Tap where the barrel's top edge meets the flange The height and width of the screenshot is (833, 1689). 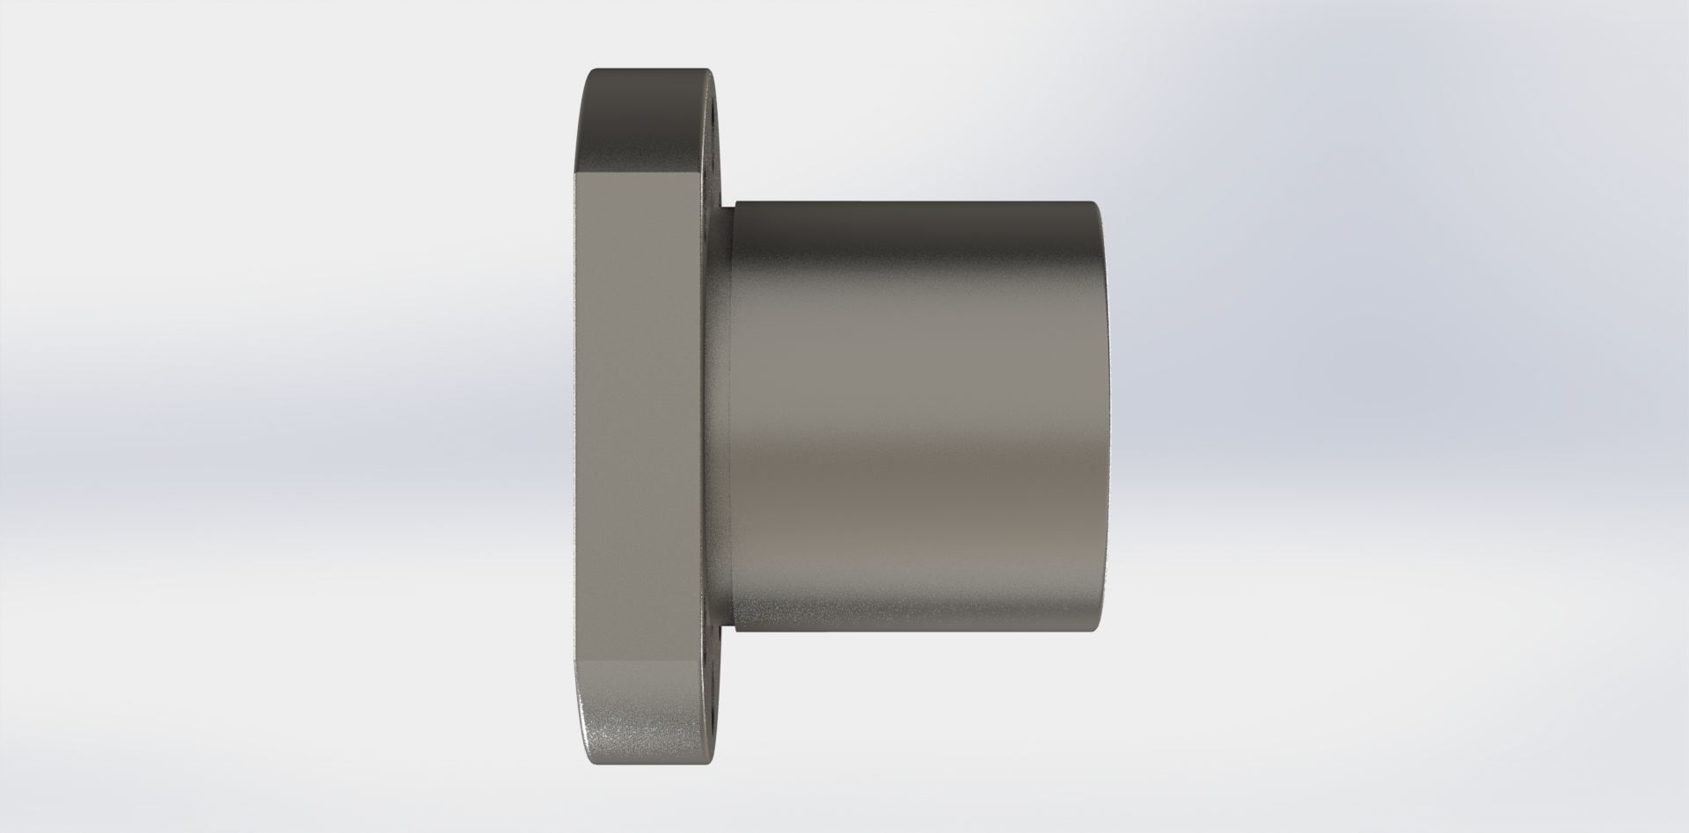click(x=732, y=204)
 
